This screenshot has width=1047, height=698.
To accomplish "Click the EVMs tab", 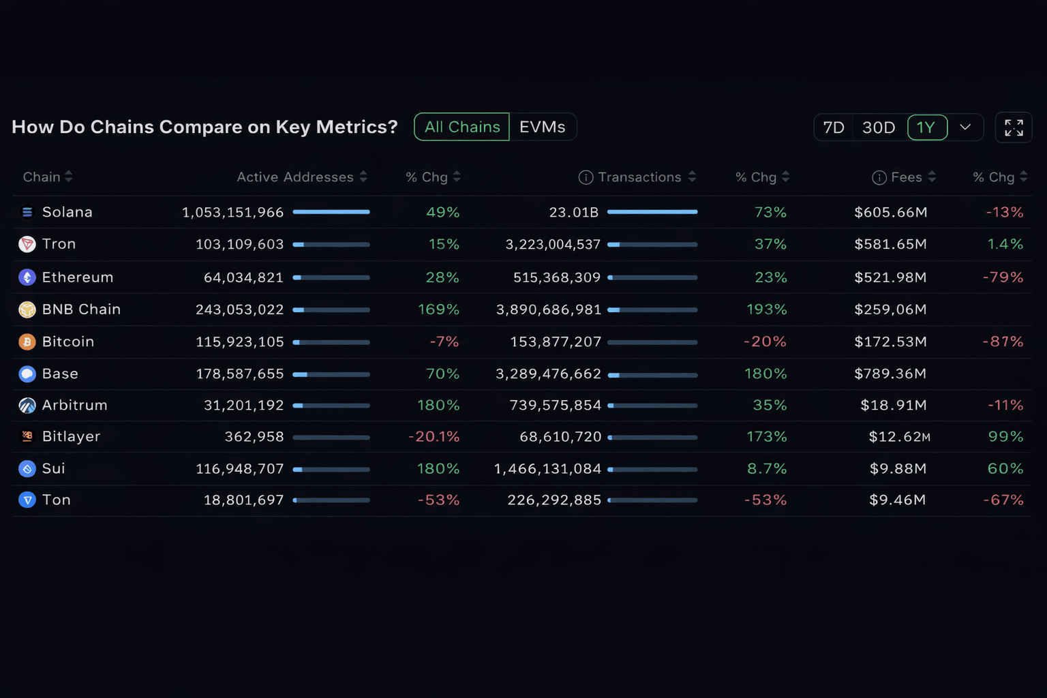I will (543, 127).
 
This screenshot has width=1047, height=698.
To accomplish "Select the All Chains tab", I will (462, 127).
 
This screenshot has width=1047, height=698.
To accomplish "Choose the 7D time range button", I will (833, 128).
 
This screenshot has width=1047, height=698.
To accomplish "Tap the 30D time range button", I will (878, 128).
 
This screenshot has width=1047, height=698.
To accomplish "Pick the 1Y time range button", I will (926, 128).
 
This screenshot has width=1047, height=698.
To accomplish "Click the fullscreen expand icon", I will (1014, 128).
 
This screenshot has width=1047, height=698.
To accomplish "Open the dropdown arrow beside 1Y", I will (965, 127).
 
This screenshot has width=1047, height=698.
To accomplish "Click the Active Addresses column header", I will (295, 177).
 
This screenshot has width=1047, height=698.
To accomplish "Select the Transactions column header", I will (639, 177).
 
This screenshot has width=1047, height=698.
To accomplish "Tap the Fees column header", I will (906, 177).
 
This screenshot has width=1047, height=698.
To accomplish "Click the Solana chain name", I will (67, 212).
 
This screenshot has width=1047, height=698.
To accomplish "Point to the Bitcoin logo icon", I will (27, 342).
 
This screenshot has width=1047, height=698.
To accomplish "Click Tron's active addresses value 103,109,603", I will (239, 244).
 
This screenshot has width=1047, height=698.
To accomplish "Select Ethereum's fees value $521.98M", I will (890, 277).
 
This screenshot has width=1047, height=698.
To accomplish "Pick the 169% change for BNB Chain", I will (438, 309).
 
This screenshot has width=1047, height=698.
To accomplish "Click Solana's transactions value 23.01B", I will (573, 212).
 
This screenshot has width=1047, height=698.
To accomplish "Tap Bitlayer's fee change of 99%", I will (1005, 436).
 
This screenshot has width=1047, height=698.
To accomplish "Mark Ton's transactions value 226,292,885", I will (554, 500).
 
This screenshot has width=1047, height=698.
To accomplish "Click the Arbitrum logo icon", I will (27, 406).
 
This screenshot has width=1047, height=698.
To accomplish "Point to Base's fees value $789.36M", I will (890, 374).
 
